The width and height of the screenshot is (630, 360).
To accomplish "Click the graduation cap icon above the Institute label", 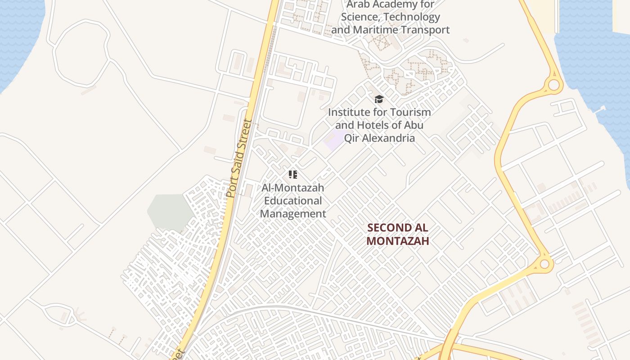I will pyautogui.click(x=379, y=99).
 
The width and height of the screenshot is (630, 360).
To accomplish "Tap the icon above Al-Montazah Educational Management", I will pyautogui.click(x=293, y=175).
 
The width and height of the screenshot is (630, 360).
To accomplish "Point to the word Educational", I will pyautogui.click(x=293, y=201).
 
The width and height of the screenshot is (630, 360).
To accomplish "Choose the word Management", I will pyautogui.click(x=293, y=214).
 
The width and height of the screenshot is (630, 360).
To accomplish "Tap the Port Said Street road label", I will pyautogui.click(x=238, y=158).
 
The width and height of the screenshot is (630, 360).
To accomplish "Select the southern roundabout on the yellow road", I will pyautogui.click(x=544, y=264).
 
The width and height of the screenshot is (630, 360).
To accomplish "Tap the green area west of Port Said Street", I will pyautogui.click(x=170, y=211).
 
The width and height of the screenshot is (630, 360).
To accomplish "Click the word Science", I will pyautogui.click(x=360, y=17).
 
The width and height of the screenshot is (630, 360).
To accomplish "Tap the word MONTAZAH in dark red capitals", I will pyautogui.click(x=397, y=241).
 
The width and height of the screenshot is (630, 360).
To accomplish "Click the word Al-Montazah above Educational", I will pyautogui.click(x=293, y=188).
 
